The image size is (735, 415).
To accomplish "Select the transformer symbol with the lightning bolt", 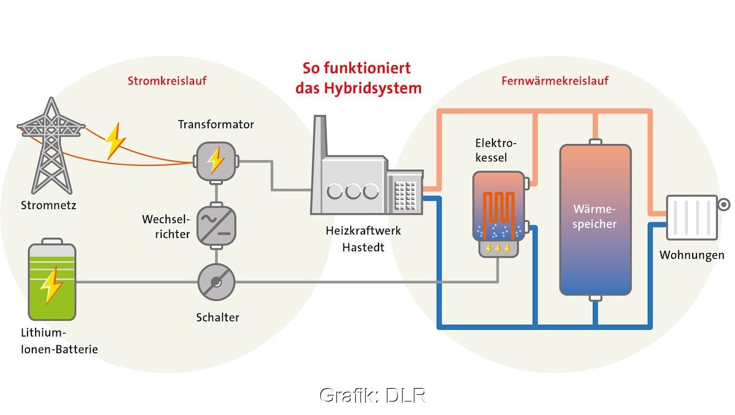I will coord(215,161).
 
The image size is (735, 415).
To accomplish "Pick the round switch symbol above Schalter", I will coord(216,283).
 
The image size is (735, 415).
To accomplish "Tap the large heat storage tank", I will coord(595,219).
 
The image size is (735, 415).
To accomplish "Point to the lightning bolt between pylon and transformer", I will coord(115,141).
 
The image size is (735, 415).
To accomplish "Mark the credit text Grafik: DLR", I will coord(372,395).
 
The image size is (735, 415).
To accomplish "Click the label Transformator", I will coord(216,124).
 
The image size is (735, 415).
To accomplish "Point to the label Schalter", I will coord(217,317).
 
